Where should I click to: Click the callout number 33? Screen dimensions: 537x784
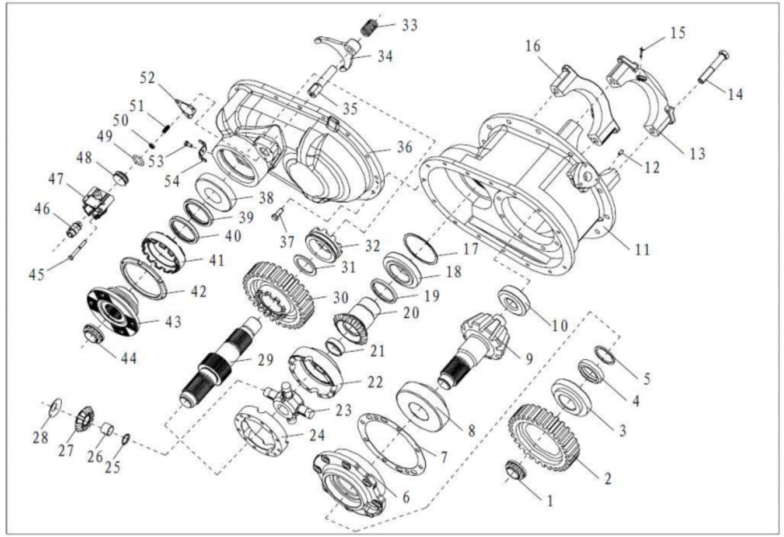pyautogui.click(x=409, y=26)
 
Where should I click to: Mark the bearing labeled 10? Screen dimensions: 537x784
pyautogui.click(x=513, y=299)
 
